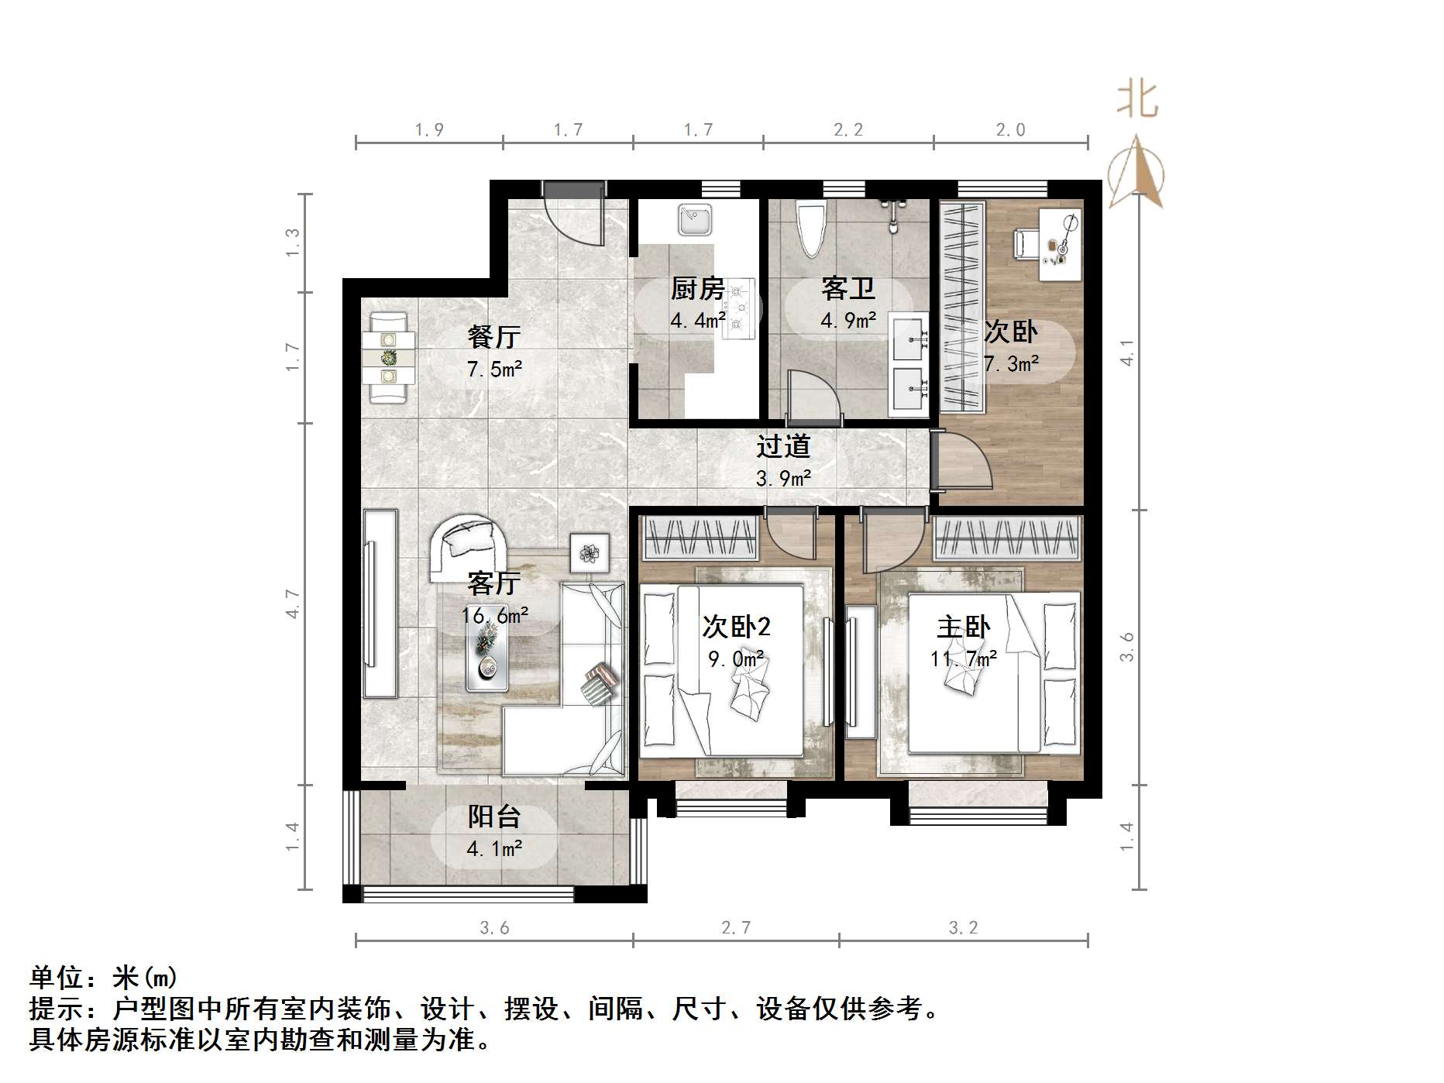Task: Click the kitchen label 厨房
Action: [697, 289]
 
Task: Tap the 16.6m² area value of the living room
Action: [495, 616]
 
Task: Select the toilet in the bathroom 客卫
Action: [813, 229]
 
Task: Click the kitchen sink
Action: [695, 219]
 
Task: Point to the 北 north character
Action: [1137, 101]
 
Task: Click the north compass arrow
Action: [1136, 172]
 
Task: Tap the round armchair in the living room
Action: [468, 546]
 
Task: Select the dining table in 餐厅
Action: [388, 357]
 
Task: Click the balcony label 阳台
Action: [494, 817]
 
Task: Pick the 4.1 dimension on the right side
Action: [1127, 352]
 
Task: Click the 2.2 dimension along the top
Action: [848, 130]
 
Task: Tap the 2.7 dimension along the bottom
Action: [736, 927]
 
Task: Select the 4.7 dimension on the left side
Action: [293, 603]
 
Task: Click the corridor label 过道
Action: [783, 446]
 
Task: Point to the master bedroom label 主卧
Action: [963, 627]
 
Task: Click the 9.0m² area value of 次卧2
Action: [736, 659]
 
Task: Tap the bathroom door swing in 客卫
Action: [813, 397]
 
